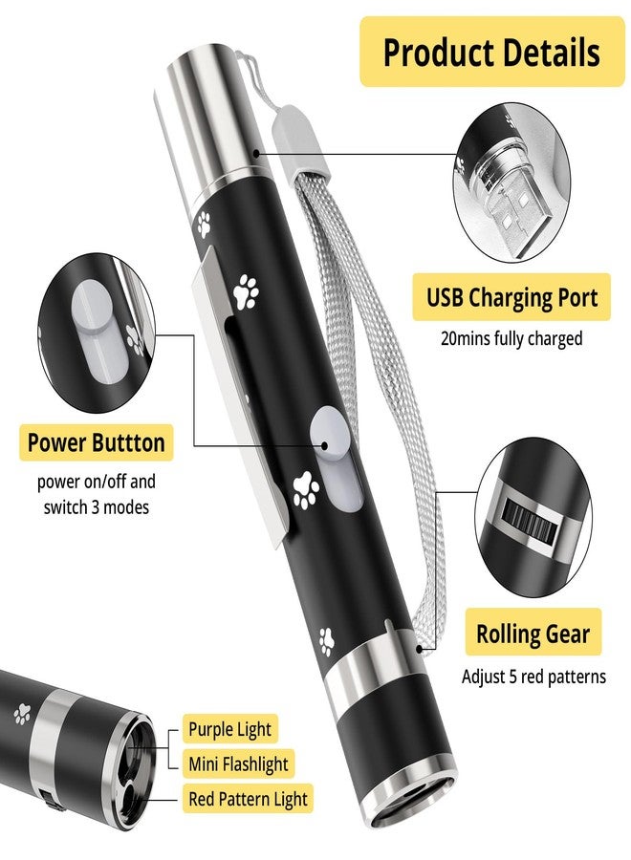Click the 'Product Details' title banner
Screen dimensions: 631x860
[491, 52]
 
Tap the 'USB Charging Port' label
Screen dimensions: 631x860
[511, 297]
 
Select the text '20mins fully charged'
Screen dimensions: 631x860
[511, 338]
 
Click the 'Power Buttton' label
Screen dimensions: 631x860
[96, 442]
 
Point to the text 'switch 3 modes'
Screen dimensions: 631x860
[96, 506]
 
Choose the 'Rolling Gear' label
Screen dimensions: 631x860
[533, 633]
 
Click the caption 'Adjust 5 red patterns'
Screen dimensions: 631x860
[533, 677]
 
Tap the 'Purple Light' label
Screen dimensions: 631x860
[229, 729]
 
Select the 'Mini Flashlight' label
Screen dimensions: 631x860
[238, 763]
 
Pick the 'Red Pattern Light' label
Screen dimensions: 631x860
[248, 799]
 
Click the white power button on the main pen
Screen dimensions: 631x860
[337, 460]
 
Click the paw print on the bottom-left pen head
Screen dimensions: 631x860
[22, 714]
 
